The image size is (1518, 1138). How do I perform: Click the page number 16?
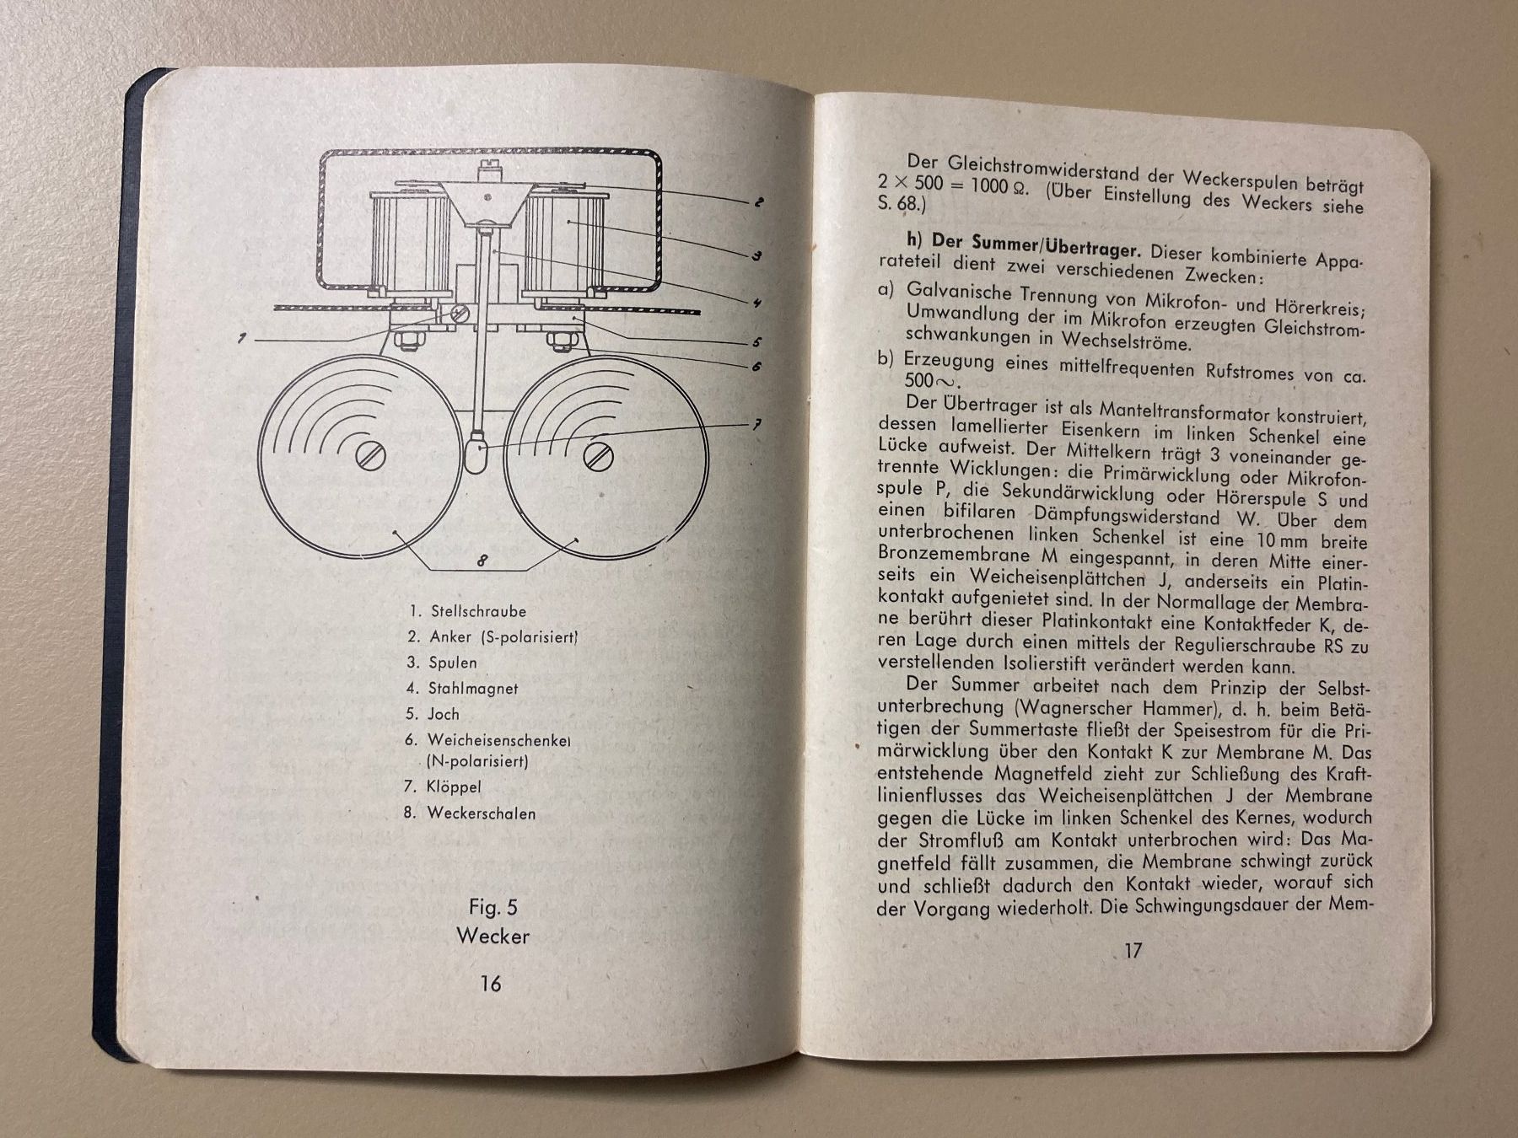tap(490, 983)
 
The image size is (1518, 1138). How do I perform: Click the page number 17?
tap(1133, 950)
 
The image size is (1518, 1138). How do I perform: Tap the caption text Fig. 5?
tap(493, 907)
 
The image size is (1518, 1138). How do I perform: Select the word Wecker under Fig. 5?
tap(493, 936)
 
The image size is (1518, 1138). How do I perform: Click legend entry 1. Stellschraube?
tap(467, 611)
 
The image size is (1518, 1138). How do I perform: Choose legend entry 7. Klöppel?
tap(443, 787)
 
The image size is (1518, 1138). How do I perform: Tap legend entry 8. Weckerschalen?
tap(469, 813)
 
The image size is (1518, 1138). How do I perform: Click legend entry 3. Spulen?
tap(441, 663)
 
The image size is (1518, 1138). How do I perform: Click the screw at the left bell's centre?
tap(371, 457)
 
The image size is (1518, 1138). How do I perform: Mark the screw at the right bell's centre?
tap(598, 456)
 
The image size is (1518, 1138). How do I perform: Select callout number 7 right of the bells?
tap(756, 426)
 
